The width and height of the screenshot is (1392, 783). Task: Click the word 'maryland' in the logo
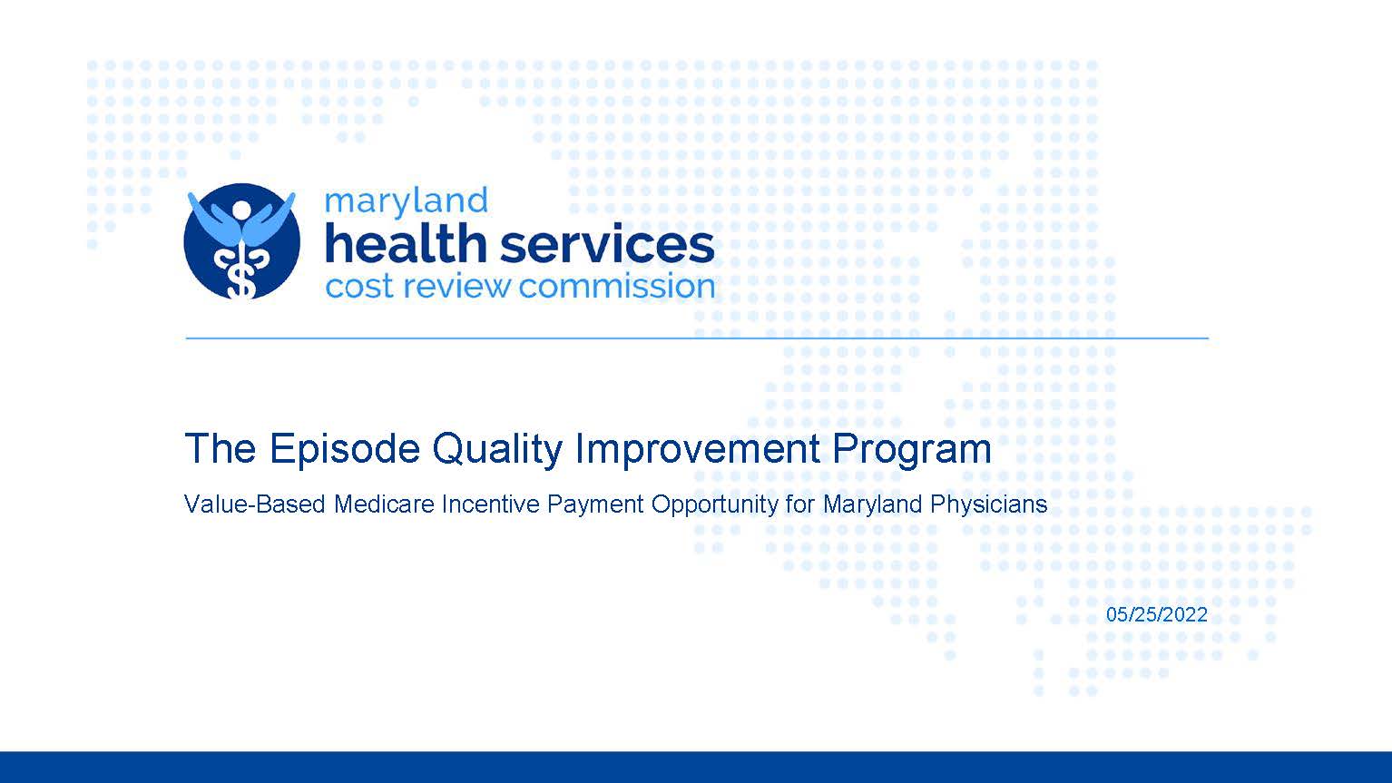point(406,203)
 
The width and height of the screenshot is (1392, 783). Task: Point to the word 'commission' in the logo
point(616,287)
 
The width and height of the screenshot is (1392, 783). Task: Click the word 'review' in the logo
point(456,287)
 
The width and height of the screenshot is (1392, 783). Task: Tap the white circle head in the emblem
point(241,209)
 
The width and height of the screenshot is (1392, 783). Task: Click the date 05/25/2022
point(1156,614)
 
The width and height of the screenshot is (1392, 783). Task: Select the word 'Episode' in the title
point(345,448)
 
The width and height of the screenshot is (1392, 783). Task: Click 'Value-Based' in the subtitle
point(255,504)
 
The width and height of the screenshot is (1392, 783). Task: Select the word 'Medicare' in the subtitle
point(384,504)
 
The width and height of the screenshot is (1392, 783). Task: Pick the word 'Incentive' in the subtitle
point(491,504)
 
